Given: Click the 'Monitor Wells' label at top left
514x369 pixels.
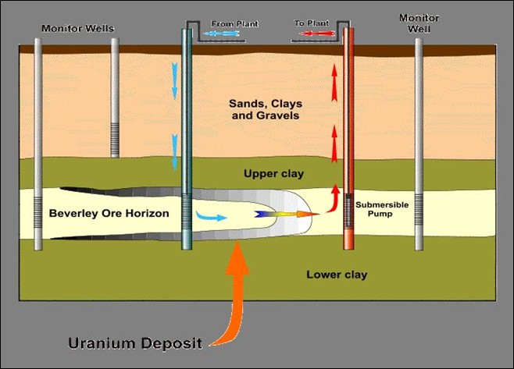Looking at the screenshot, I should tap(77, 29).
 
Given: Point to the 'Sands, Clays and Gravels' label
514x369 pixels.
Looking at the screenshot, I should tap(265, 109).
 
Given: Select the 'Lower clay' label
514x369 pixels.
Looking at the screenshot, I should tap(337, 275).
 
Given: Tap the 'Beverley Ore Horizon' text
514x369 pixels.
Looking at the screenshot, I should tap(109, 213).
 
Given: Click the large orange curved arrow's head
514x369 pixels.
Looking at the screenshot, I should tap(237, 257).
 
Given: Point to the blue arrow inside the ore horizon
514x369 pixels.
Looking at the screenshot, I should tap(209, 216).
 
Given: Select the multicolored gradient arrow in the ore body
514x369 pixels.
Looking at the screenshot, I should tap(286, 212).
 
